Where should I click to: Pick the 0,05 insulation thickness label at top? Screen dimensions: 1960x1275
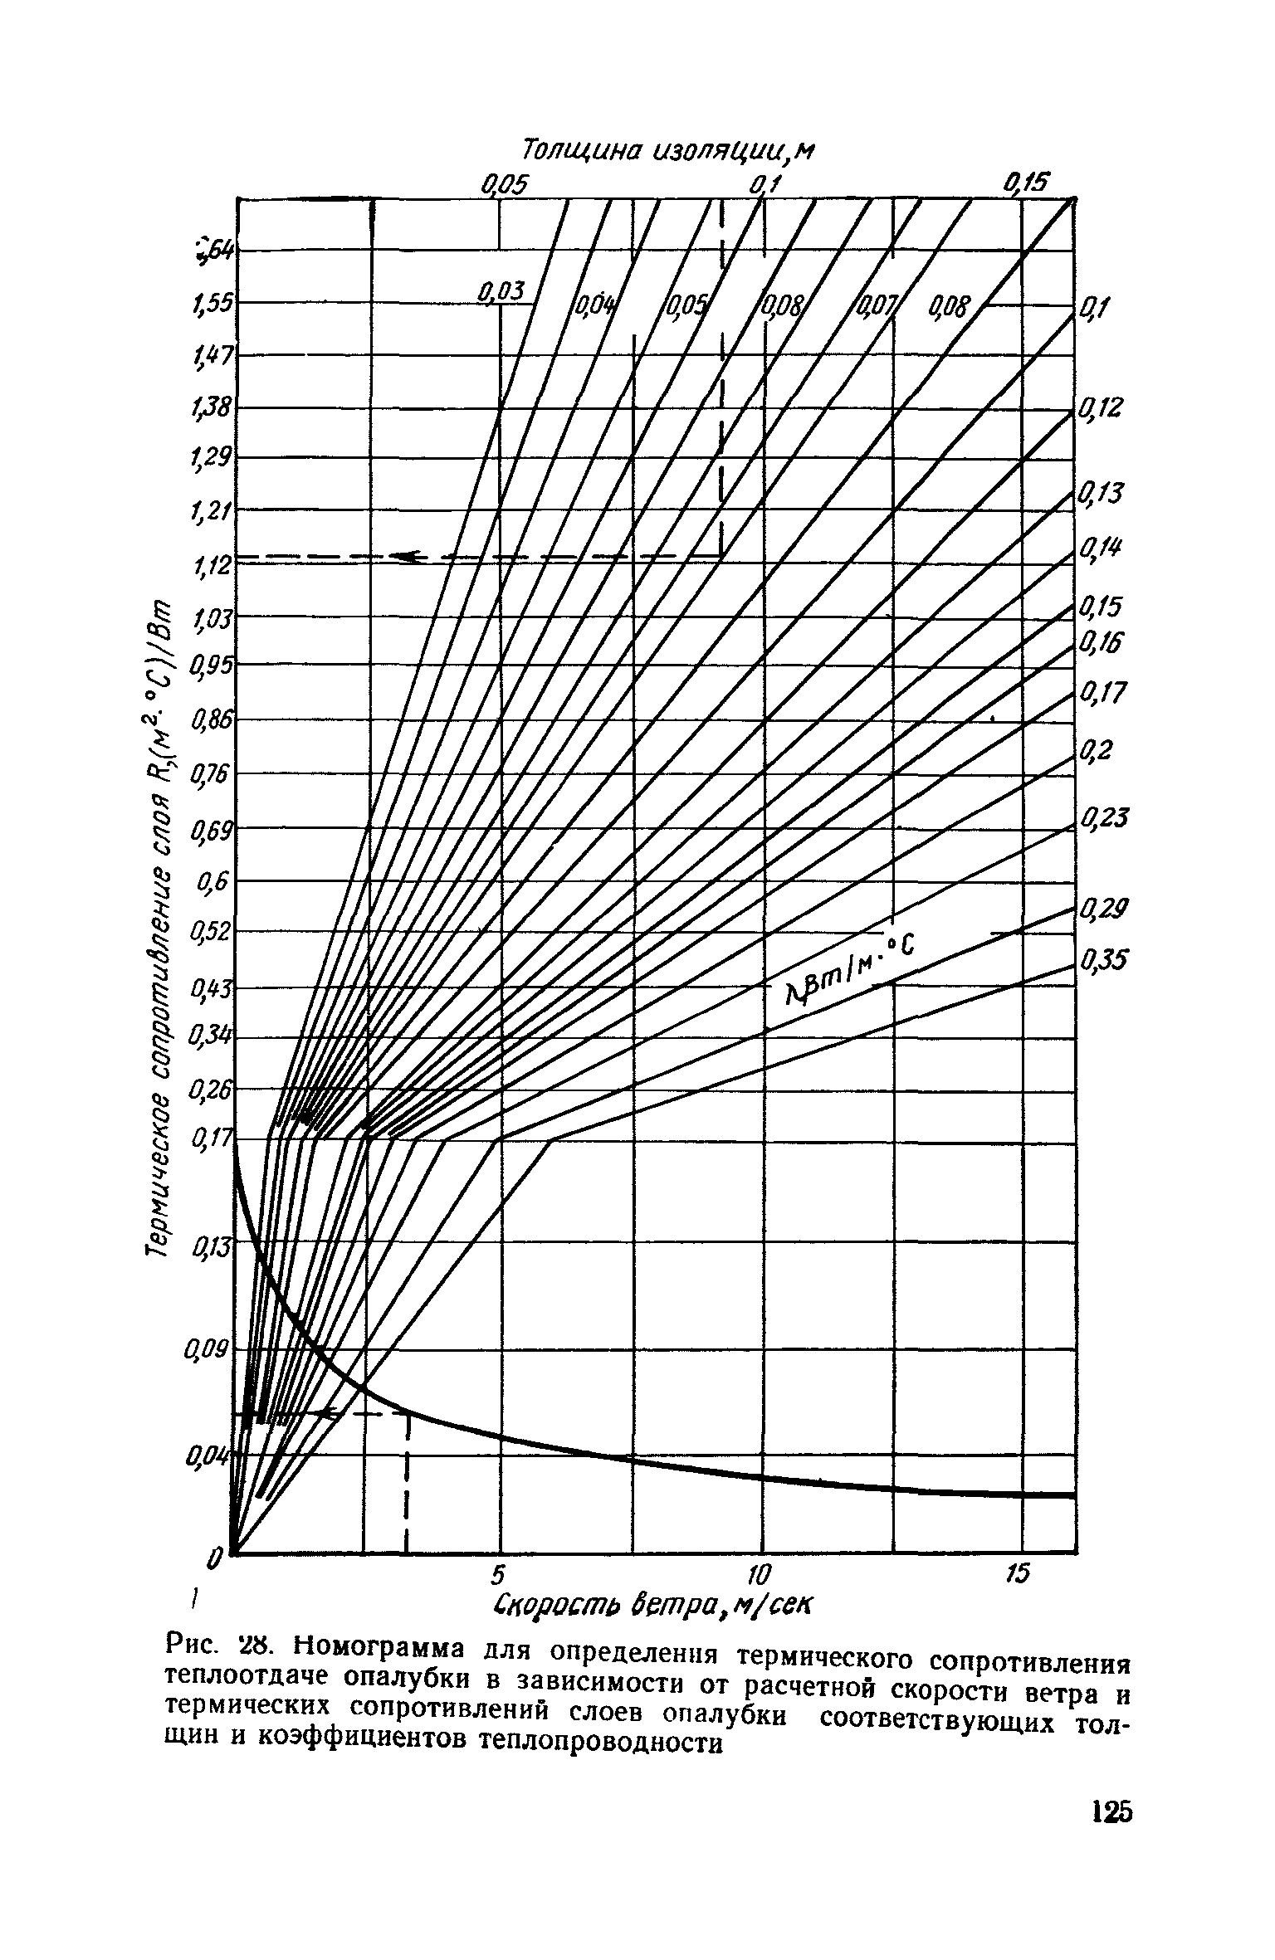click(x=504, y=183)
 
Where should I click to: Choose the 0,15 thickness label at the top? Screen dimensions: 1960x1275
click(x=1027, y=183)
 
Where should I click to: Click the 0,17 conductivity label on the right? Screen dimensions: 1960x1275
click(x=1102, y=690)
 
